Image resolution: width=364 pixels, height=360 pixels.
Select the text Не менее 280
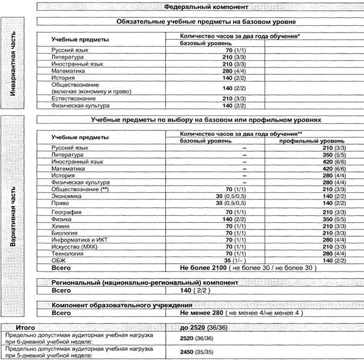pos(201,313)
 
